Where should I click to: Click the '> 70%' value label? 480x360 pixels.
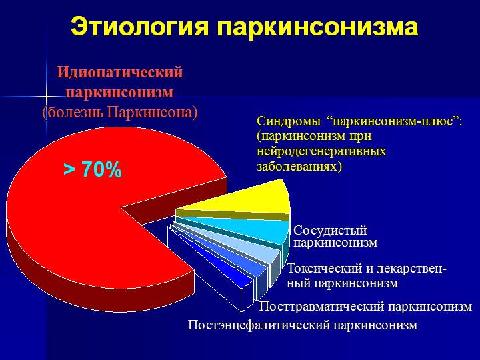point(93,171)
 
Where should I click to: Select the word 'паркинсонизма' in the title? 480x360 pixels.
point(317,27)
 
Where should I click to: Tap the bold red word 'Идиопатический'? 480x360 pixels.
point(120,73)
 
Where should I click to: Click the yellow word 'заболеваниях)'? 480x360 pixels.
point(299,166)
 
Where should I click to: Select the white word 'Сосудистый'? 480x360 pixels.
point(330,230)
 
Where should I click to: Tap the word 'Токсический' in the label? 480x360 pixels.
point(325,269)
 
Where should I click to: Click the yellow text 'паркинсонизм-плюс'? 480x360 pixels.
point(391,122)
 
